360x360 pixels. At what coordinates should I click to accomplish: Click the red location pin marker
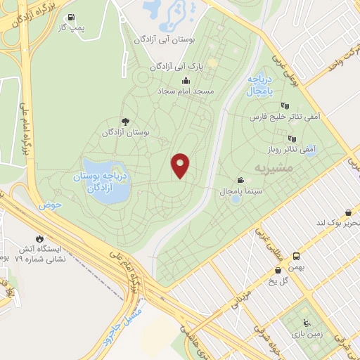pos(181,166)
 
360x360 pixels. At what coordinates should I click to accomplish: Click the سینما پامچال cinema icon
pos(241,180)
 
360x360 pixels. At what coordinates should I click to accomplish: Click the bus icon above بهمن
pos(297,256)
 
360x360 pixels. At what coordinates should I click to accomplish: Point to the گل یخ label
pos(270,281)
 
